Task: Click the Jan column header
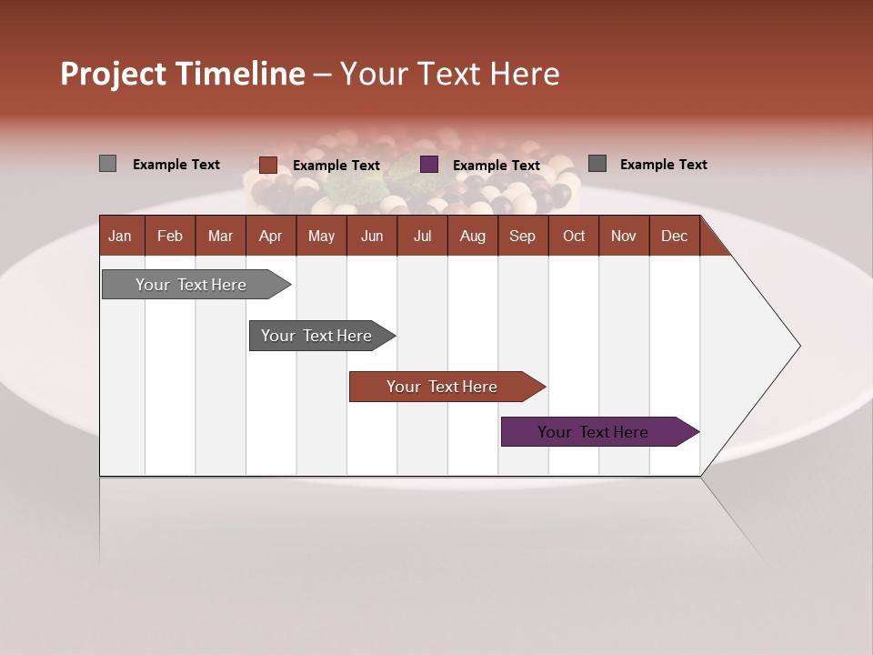pyautogui.click(x=121, y=236)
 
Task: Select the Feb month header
pyautogui.click(x=170, y=236)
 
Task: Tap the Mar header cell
pyautogui.click(x=220, y=236)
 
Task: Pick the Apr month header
pyautogui.click(x=271, y=236)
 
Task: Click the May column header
pyautogui.click(x=321, y=236)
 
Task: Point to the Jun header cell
pyautogui.click(x=372, y=236)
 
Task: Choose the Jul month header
pyautogui.click(x=422, y=236)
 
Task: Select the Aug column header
pyautogui.click(x=473, y=236)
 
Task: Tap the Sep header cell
pyautogui.click(x=523, y=236)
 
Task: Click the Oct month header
pyautogui.click(x=574, y=236)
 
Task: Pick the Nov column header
pyautogui.click(x=624, y=236)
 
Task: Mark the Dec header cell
pyautogui.click(x=675, y=236)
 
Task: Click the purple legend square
pyautogui.click(x=429, y=165)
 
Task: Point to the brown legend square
pyautogui.click(x=268, y=165)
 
